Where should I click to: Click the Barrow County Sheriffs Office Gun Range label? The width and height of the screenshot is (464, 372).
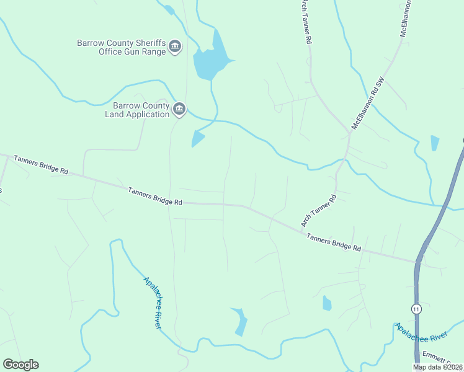(x=121, y=47)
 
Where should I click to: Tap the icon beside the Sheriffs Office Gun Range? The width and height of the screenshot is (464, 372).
(x=175, y=47)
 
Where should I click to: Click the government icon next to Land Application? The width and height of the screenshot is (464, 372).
(x=179, y=109)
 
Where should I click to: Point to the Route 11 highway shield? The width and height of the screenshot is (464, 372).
(x=416, y=308)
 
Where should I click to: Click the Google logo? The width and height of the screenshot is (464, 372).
(x=20, y=365)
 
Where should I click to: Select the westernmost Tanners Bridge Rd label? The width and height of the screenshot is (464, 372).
(x=40, y=164)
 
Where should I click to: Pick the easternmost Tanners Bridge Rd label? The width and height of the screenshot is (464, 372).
(x=334, y=241)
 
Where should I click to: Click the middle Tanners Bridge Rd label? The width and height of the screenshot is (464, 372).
(x=155, y=197)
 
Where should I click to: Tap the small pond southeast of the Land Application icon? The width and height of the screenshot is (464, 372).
(x=197, y=139)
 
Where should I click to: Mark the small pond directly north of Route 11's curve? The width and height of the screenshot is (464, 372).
(x=434, y=143)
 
